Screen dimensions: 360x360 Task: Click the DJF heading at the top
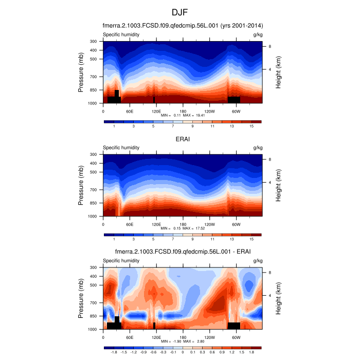click(180, 12)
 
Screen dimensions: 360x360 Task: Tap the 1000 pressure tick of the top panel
click(94, 103)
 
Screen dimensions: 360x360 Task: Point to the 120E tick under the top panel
click(156, 111)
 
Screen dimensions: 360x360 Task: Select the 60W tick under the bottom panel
click(236, 337)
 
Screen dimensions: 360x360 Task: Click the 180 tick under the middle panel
click(183, 224)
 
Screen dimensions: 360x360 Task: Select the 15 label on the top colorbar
click(251, 126)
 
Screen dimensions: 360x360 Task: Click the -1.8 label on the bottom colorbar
click(114, 352)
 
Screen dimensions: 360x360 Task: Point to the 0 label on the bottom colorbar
click(183, 352)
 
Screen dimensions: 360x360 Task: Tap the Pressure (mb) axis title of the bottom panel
click(81, 298)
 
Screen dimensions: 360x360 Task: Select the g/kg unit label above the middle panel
click(258, 148)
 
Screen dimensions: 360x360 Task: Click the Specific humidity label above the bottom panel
click(121, 261)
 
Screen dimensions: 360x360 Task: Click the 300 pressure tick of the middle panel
click(94, 154)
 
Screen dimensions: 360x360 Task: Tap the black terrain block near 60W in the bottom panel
click(234, 326)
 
